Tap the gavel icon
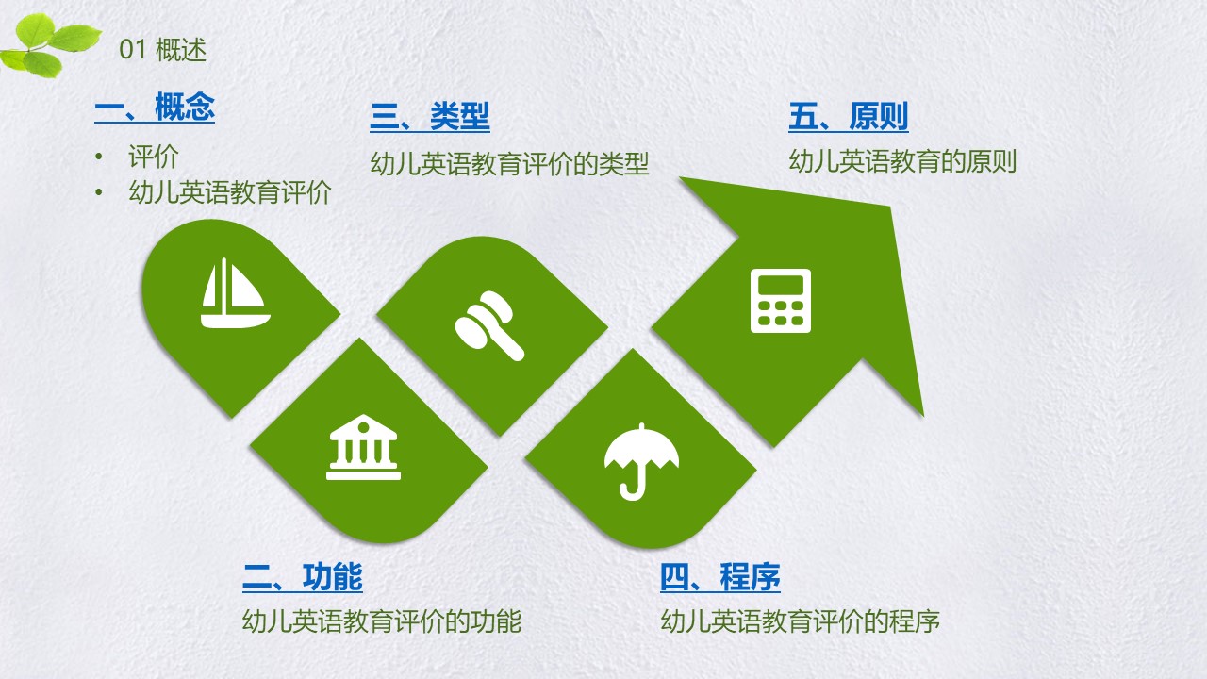click(x=489, y=325)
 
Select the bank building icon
click(x=364, y=447)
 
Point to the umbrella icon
click(x=641, y=462)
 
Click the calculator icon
click(x=780, y=301)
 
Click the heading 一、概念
click(x=155, y=107)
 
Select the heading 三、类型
click(x=430, y=116)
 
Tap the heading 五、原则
click(x=849, y=116)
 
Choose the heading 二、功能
click(x=303, y=577)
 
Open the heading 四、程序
click(x=720, y=577)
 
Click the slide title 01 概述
click(x=163, y=50)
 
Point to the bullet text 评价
click(x=154, y=157)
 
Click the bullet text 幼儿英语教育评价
click(x=230, y=192)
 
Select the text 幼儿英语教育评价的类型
click(x=510, y=163)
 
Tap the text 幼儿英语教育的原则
click(x=902, y=161)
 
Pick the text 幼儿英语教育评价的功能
click(x=382, y=621)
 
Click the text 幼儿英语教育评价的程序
click(x=801, y=621)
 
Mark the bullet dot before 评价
click(x=99, y=157)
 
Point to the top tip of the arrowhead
click(x=680, y=177)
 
